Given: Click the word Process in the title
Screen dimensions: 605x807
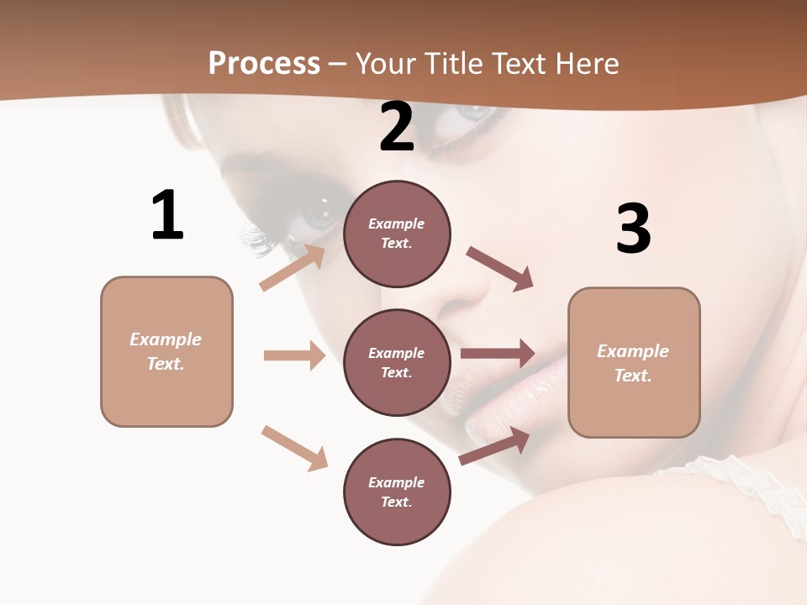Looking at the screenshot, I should [264, 64].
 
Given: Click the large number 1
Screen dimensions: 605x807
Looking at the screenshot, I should [167, 215].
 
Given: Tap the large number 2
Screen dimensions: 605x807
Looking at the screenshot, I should [397, 128].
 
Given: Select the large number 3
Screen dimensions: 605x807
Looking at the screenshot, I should [633, 229].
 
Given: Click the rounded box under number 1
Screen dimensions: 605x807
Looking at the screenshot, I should [166, 351].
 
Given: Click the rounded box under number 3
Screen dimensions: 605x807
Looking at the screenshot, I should [634, 362].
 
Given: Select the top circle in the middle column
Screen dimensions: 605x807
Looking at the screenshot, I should [397, 234].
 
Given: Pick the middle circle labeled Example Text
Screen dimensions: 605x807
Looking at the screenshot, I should [397, 362].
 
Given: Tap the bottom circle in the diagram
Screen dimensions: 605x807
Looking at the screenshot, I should [397, 492].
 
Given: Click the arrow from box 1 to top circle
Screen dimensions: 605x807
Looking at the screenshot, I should [293, 267].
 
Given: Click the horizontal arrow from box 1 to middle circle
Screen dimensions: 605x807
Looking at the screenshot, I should [294, 355].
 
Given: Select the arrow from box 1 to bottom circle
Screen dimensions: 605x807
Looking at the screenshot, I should [294, 448].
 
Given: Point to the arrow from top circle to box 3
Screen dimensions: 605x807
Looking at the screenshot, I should [500, 268].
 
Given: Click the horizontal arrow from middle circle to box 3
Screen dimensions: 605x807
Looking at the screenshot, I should [498, 353].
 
